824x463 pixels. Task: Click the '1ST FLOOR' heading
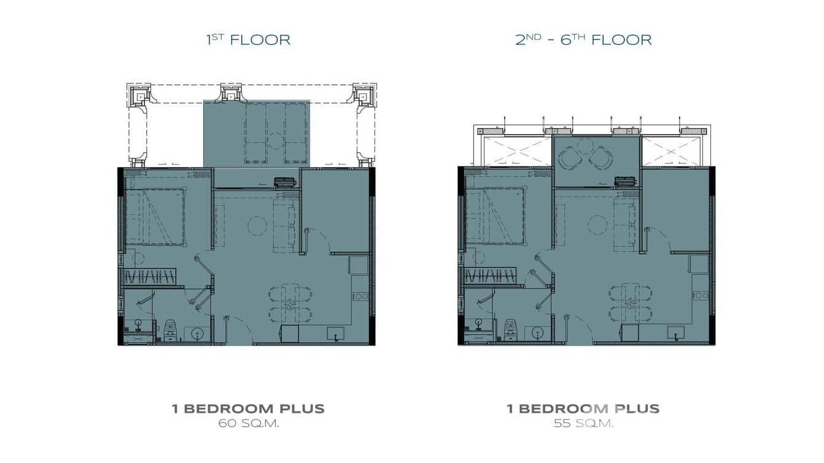pyautogui.click(x=248, y=40)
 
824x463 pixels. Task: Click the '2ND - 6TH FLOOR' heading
pyautogui.click(x=583, y=40)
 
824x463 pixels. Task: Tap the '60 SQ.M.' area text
pyautogui.click(x=249, y=423)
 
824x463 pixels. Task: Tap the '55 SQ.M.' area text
pyautogui.click(x=583, y=423)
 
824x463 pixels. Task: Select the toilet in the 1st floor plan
pyautogui.click(x=169, y=330)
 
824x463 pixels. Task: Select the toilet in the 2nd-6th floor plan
pyautogui.click(x=510, y=330)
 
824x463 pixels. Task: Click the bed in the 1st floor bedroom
pyautogui.click(x=155, y=217)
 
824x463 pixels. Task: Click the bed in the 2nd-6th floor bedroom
pyautogui.click(x=495, y=216)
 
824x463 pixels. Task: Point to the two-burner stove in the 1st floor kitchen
pyautogui.click(x=360, y=297)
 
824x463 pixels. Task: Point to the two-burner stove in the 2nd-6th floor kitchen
pyautogui.click(x=701, y=296)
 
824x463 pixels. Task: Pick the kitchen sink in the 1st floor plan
pyautogui.click(x=335, y=333)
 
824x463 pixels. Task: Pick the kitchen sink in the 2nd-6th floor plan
pyautogui.click(x=676, y=333)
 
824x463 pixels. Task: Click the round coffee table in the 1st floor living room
pyautogui.click(x=257, y=225)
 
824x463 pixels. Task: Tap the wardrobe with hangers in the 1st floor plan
pyautogui.click(x=150, y=276)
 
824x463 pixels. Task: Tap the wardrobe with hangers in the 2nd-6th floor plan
pyautogui.click(x=490, y=276)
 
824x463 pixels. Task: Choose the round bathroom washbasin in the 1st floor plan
pyautogui.click(x=198, y=334)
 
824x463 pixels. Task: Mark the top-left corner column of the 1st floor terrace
pyautogui.click(x=139, y=95)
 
